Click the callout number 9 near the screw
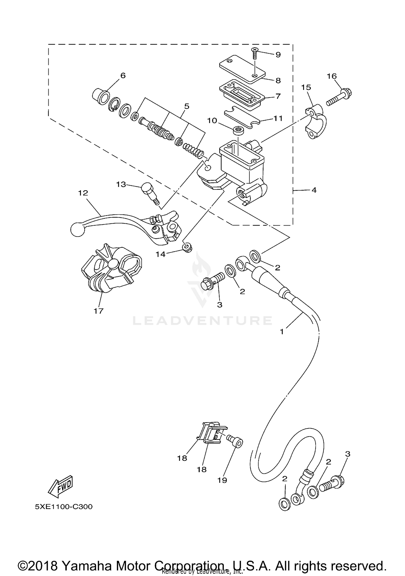point(278,55)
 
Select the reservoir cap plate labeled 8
point(242,68)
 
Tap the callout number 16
point(332,76)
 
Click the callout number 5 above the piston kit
point(187,106)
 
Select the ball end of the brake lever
point(76,230)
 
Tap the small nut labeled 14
point(187,247)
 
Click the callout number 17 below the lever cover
point(99,311)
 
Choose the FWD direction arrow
point(60,487)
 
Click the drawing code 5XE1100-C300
point(64,507)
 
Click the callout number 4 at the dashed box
point(314,190)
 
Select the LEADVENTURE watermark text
point(202,321)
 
